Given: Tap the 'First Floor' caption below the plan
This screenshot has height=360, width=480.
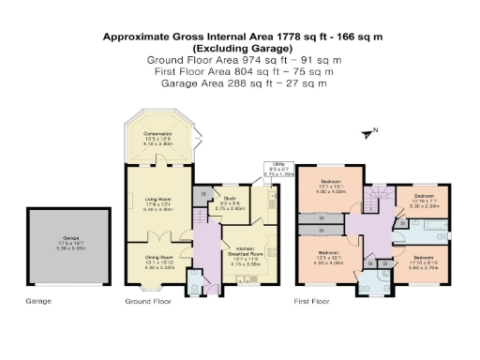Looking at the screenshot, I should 315,303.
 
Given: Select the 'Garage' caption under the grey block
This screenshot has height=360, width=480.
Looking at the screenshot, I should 39,303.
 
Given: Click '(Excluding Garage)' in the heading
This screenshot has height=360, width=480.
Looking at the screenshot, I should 238,47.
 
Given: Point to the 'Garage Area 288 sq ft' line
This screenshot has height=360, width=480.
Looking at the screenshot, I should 238,82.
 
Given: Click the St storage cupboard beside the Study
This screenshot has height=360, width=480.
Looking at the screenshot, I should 203,194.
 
